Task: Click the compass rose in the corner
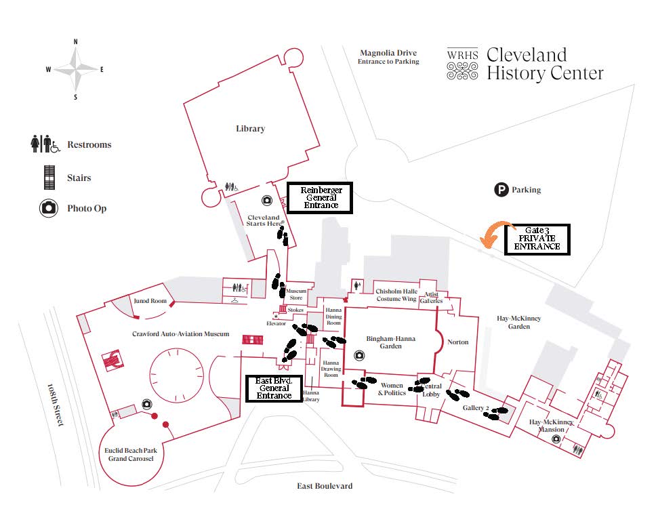point(75,69)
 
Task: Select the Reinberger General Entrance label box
point(321,197)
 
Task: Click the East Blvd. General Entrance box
point(274,388)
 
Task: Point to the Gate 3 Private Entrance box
point(537,239)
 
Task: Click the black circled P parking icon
point(501,190)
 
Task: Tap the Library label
point(250,129)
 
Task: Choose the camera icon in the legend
point(48,208)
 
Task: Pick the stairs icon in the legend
point(48,178)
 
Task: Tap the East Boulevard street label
point(324,486)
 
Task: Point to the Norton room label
point(457,342)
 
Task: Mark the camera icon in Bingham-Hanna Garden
point(358,354)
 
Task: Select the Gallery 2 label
point(476,408)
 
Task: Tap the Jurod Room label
point(150,300)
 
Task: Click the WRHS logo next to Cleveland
point(463,64)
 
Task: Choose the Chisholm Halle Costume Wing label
point(396,295)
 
